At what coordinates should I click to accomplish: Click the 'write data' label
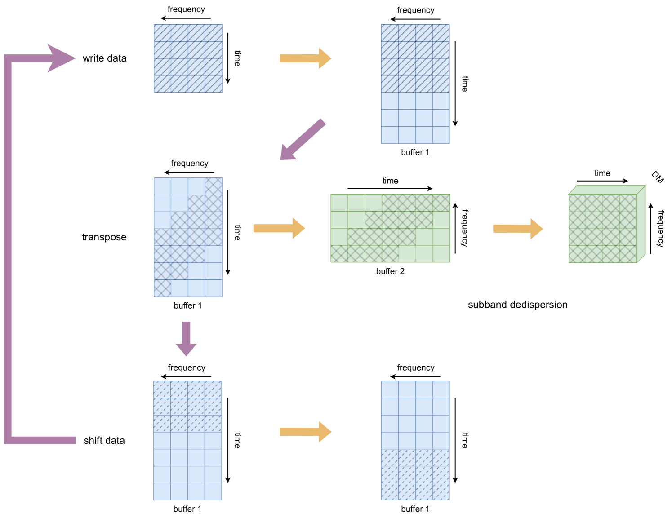click(x=104, y=58)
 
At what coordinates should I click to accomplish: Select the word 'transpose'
click(x=104, y=237)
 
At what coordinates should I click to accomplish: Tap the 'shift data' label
click(x=104, y=441)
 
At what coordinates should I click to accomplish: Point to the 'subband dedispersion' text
click(x=517, y=305)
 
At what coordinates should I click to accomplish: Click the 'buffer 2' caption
click(x=390, y=271)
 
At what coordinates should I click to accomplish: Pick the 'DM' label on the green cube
click(x=657, y=177)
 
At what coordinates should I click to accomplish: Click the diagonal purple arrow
click(x=302, y=140)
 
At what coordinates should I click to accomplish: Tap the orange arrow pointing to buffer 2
click(x=279, y=228)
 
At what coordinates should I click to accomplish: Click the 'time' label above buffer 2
click(x=390, y=181)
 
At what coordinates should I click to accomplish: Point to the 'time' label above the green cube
click(x=602, y=173)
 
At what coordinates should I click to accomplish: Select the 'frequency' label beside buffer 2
click(x=465, y=228)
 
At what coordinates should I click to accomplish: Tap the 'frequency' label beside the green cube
click(x=660, y=228)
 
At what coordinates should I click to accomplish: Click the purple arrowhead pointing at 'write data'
click(x=61, y=58)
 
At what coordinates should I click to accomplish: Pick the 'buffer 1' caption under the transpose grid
click(x=187, y=306)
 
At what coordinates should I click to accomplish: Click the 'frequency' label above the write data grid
click(x=186, y=9)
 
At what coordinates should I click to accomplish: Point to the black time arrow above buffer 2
click(x=390, y=189)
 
